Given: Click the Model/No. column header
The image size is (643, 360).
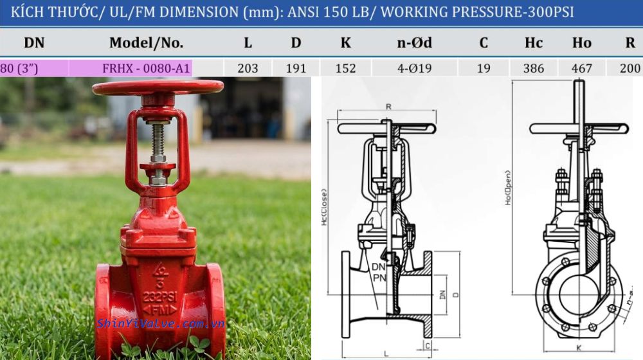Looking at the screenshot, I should tap(146, 43).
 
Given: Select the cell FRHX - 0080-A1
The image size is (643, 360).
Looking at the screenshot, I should tap(146, 68).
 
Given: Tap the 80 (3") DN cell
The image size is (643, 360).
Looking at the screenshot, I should tap(19, 68).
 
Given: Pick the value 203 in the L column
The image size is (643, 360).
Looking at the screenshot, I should tap(248, 68).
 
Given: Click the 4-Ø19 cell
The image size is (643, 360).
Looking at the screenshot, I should tap(414, 68).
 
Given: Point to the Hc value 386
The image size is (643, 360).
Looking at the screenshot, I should tap(533, 68).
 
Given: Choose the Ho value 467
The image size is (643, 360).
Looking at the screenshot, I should tap(581, 68).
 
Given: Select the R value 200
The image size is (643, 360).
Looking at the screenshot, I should tap(629, 68).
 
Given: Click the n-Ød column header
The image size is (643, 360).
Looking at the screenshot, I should tap(414, 43).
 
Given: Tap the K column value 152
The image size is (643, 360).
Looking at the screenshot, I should tap(345, 68).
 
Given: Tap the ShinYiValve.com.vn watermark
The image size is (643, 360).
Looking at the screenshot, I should tap(160, 323).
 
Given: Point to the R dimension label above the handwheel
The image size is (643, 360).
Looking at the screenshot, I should tap(388, 105).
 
